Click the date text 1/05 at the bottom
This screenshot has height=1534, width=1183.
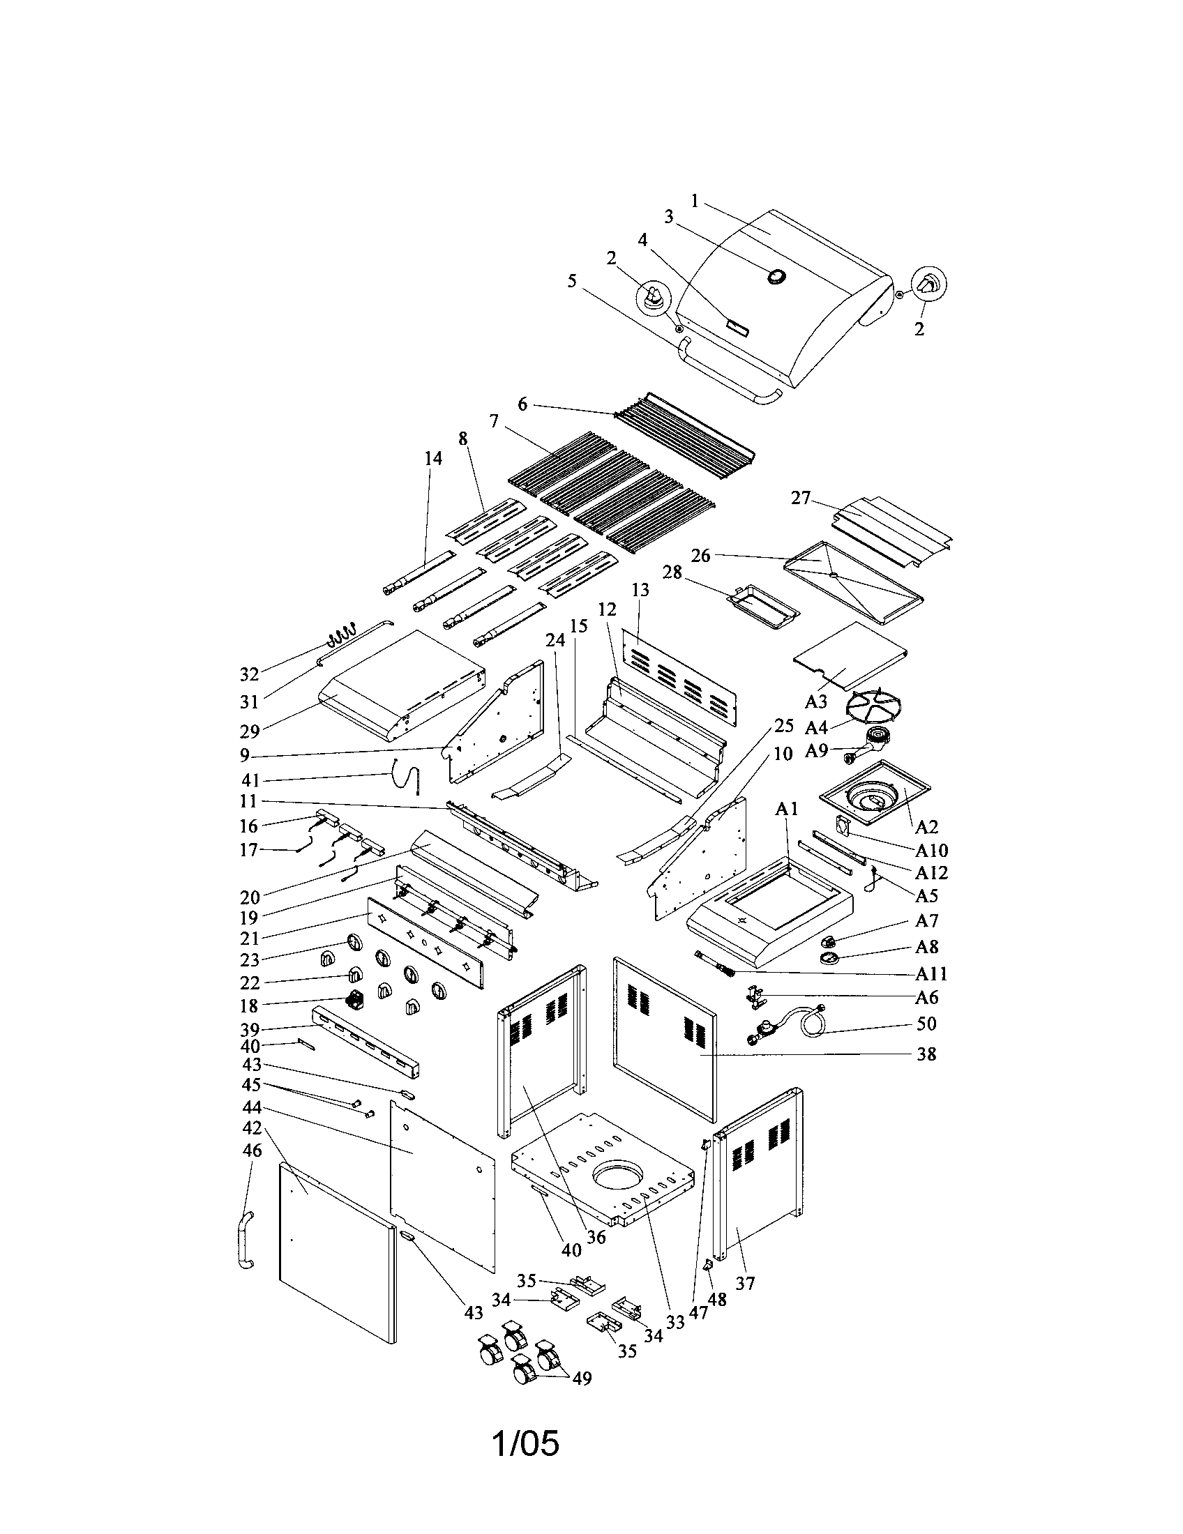[525, 1444]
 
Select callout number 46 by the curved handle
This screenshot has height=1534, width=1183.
[252, 1150]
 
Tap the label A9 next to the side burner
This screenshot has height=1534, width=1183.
[815, 751]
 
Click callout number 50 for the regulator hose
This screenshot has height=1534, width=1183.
[926, 1024]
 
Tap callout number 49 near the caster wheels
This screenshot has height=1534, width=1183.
[582, 1379]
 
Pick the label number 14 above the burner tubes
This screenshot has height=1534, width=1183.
[433, 458]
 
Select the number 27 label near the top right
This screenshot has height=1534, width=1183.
[801, 498]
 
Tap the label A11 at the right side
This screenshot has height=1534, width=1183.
[930, 973]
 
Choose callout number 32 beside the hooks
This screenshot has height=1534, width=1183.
[250, 674]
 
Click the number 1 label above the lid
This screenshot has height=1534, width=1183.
[695, 202]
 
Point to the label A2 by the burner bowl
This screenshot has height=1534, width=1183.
[926, 826]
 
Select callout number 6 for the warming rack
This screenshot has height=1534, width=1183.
[522, 404]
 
